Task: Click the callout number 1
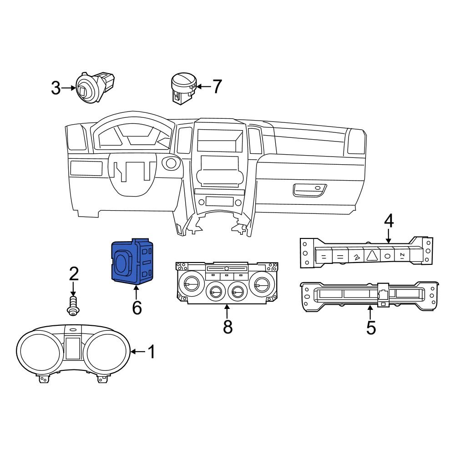[151, 352]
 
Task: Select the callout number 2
[74, 274]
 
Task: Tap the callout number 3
[56, 88]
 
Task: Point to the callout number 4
[389, 221]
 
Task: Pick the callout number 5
[371, 327]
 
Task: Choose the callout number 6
[137, 308]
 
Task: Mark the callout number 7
[217, 86]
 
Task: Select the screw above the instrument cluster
[72, 305]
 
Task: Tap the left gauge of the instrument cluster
[39, 352]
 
